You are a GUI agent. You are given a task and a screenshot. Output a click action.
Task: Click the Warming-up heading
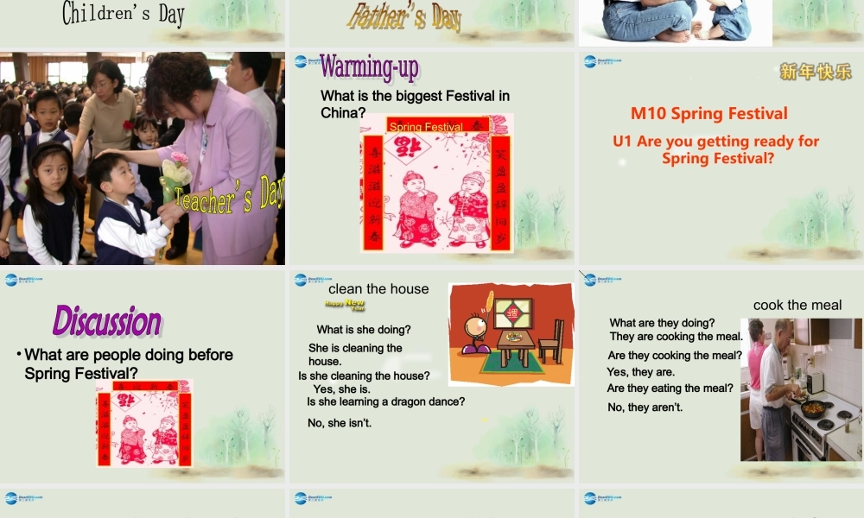tap(369, 67)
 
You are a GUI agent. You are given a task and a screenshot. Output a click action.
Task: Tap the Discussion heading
tap(107, 321)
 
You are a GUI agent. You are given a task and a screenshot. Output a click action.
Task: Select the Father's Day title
tap(403, 16)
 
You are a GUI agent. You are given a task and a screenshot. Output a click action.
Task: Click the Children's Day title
tap(123, 14)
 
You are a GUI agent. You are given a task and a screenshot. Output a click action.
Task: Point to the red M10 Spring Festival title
tap(708, 113)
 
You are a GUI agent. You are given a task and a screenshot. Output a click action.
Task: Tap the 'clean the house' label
tap(378, 289)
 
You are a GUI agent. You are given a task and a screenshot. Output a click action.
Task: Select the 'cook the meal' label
tap(797, 305)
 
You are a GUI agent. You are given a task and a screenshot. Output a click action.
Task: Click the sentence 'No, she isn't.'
tap(340, 422)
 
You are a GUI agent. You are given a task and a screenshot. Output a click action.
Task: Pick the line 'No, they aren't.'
tap(645, 407)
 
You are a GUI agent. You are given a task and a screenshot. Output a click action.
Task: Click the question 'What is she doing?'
tap(364, 329)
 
